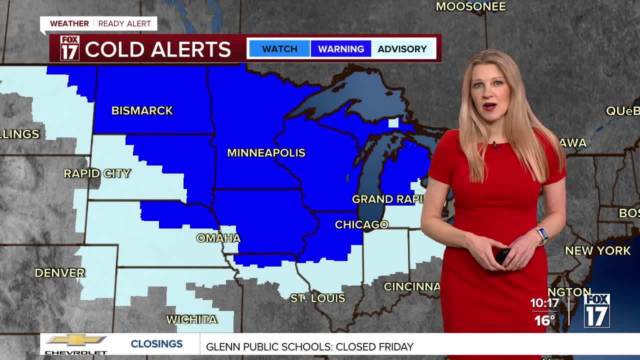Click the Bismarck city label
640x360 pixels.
pos(142,110)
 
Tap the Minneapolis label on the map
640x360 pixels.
pos(266,153)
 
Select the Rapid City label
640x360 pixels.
pos(97,173)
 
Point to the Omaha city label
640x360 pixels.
pos(218,238)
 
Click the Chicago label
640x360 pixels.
pos(361,224)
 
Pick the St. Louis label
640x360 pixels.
pos(318,298)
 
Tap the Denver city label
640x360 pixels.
pos(59,272)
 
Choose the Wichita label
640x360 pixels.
pos(191,319)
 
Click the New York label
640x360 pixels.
pos(597,250)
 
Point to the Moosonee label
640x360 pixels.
pos(470,6)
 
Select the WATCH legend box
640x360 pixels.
pos(279,49)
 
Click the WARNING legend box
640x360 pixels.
pos(341,49)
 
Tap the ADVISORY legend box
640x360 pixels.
pos(402,49)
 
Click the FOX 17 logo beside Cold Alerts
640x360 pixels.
pos(69,48)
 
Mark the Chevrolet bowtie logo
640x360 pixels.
pos(76,340)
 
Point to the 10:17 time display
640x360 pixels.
pos(544,303)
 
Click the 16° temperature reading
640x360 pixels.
pos(544,320)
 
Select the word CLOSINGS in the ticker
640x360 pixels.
pos(156,344)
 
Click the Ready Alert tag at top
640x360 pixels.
pos(124,23)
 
